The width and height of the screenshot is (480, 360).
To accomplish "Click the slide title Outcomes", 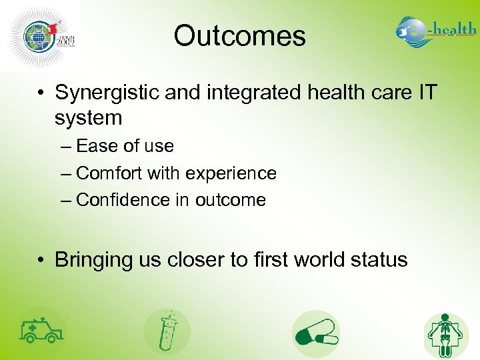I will (x=239, y=36).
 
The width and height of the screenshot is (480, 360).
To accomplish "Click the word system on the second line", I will (x=89, y=118).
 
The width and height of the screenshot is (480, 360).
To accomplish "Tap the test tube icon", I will (x=167, y=332).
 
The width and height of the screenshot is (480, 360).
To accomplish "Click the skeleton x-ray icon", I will (x=446, y=335).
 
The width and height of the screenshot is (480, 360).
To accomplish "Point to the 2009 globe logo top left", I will (x=41, y=35).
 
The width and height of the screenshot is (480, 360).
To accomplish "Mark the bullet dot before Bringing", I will (x=41, y=260).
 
